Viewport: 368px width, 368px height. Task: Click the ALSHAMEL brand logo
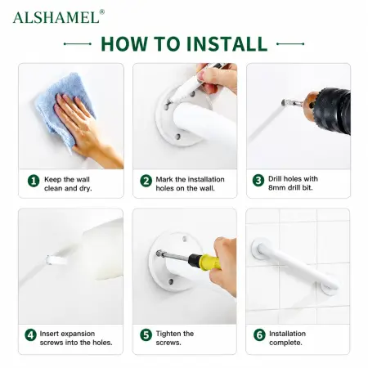(x=56, y=17)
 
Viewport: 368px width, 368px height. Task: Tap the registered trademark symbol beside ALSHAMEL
(x=102, y=11)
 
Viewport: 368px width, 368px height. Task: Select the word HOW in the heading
(x=125, y=43)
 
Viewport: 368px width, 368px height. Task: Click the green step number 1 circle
(x=34, y=181)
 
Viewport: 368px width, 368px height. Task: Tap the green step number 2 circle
(x=146, y=181)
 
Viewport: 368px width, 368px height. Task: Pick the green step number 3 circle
(x=258, y=181)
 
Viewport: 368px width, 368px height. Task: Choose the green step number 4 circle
(x=30, y=335)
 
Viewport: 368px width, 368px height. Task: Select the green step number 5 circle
(x=146, y=335)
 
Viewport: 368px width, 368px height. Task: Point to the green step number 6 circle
(x=259, y=335)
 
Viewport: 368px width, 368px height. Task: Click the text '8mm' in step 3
(x=277, y=188)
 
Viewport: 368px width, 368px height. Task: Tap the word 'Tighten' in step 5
(x=168, y=334)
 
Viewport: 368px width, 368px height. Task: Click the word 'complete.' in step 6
(x=285, y=343)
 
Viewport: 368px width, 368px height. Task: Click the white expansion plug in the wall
(x=56, y=260)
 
